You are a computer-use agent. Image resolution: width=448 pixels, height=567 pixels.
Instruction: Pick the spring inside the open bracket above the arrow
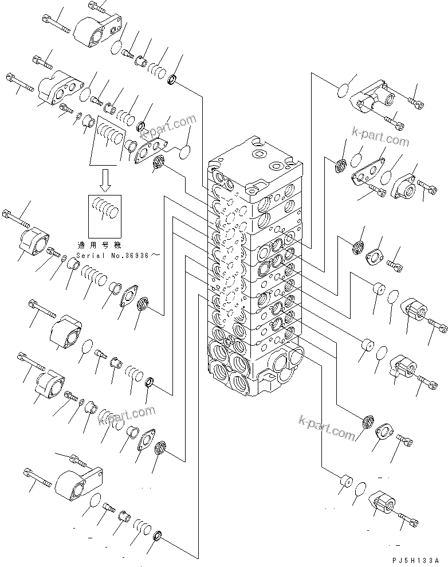[x=109, y=138]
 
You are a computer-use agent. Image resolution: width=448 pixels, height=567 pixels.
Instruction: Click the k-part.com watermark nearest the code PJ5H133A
[x=327, y=427]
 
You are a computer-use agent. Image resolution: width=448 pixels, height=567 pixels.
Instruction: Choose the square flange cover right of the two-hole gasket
[x=404, y=183]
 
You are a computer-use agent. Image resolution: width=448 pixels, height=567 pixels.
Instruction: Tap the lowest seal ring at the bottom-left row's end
[x=158, y=537]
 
